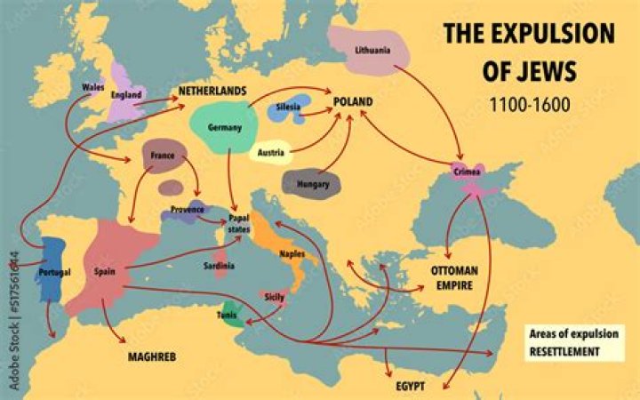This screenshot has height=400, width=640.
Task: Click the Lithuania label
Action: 372,50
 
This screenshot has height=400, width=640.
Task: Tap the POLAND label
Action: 352,102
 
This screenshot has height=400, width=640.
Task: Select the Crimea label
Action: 467,171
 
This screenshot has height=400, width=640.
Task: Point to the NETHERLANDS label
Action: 212,92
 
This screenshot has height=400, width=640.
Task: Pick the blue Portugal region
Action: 51,267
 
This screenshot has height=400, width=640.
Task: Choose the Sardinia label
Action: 219,266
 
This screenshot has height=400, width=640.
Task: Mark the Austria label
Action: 270,153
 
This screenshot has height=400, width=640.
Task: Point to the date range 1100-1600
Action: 529,103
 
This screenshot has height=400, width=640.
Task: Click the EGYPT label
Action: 410,388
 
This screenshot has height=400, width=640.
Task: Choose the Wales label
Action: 92,87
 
